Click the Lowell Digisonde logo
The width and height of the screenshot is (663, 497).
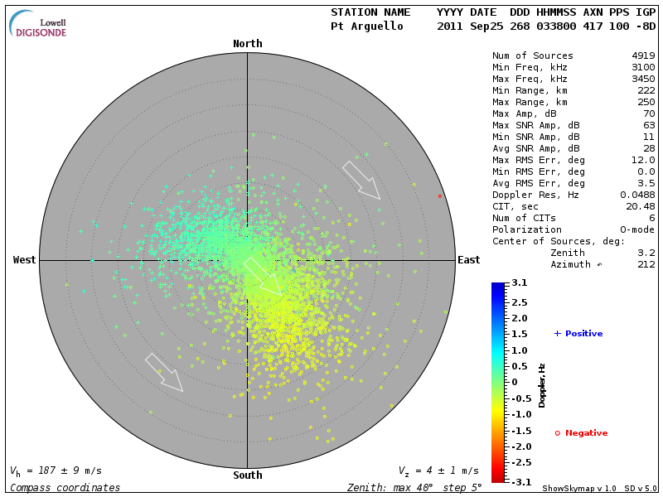click(x=39, y=23)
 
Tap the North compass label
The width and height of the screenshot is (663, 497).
click(x=247, y=44)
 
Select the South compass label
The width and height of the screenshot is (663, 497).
click(x=247, y=475)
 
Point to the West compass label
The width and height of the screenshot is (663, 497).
click(x=25, y=260)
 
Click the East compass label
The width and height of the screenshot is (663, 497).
click(x=468, y=260)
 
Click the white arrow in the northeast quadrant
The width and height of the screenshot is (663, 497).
click(x=361, y=180)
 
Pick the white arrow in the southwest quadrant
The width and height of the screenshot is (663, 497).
click(x=163, y=372)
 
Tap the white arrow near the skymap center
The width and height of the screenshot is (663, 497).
click(x=262, y=275)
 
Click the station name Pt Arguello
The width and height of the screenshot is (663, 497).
click(x=366, y=27)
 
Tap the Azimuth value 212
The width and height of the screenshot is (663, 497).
click(x=646, y=264)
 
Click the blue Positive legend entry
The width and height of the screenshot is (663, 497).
click(x=578, y=334)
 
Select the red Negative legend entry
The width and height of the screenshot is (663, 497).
click(x=582, y=433)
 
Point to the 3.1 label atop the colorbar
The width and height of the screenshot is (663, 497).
click(x=520, y=283)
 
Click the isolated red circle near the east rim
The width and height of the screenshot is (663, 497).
click(x=440, y=196)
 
